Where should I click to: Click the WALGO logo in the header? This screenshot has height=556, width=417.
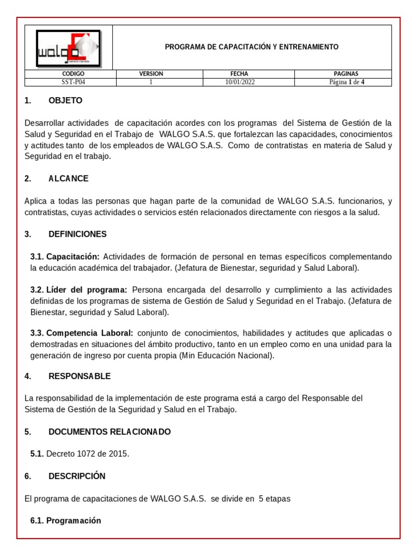pyautogui.click(x=68, y=48)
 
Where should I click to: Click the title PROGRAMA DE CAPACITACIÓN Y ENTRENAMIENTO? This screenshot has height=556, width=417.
pyautogui.click(x=251, y=47)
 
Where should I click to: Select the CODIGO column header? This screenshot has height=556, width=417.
pyautogui.click(x=73, y=74)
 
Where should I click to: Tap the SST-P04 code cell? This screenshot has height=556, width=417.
pyautogui.click(x=73, y=83)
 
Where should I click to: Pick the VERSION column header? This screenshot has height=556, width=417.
pyautogui.click(x=151, y=74)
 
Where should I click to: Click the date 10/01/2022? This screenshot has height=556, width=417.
pyautogui.click(x=240, y=83)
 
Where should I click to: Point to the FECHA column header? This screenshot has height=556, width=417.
pyautogui.click(x=239, y=74)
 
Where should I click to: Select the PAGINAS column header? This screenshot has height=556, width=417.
pyautogui.click(x=346, y=74)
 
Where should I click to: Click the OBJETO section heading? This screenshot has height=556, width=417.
pyautogui.click(x=65, y=100)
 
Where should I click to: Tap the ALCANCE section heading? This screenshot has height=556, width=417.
pyautogui.click(x=68, y=179)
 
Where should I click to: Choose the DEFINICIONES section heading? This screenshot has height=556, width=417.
pyautogui.click(x=77, y=234)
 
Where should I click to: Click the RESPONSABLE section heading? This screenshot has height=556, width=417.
pyautogui.click(x=79, y=376)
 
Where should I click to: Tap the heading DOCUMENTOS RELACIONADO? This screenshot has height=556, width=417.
pyautogui.click(x=109, y=432)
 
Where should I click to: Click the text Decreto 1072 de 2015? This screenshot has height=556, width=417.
pyautogui.click(x=87, y=454)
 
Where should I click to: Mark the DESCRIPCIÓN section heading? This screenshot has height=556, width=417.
pyautogui.click(x=77, y=476)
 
